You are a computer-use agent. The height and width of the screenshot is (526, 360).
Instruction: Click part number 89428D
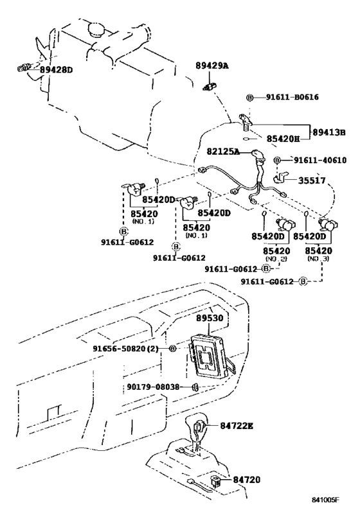(57, 70)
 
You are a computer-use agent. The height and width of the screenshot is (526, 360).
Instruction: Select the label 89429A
(212, 66)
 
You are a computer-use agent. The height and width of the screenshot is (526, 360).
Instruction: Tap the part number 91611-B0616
(292, 97)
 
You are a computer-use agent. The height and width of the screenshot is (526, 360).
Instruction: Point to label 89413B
(328, 132)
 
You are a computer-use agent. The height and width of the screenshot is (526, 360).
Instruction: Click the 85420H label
(283, 139)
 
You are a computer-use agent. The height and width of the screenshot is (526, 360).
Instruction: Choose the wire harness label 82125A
(223, 152)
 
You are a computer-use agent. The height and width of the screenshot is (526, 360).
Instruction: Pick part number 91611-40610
(320, 161)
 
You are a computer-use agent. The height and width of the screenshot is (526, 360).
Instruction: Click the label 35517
(312, 181)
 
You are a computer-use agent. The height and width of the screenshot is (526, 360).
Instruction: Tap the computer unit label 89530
(210, 318)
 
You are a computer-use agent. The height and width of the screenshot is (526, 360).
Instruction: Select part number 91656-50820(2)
(125, 349)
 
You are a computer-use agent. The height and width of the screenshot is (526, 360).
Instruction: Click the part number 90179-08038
(153, 387)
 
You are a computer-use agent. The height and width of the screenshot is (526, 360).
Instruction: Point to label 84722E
(237, 426)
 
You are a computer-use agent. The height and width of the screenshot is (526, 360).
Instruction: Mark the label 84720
(246, 480)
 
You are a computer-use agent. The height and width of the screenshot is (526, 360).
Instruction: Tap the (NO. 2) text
(276, 259)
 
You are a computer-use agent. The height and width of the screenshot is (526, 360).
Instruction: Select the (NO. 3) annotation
(318, 259)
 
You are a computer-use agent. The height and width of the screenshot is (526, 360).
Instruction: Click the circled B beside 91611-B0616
(250, 98)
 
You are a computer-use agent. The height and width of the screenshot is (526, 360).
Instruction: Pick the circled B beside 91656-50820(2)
(172, 349)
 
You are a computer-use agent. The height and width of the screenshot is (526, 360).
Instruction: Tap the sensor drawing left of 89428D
(24, 68)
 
